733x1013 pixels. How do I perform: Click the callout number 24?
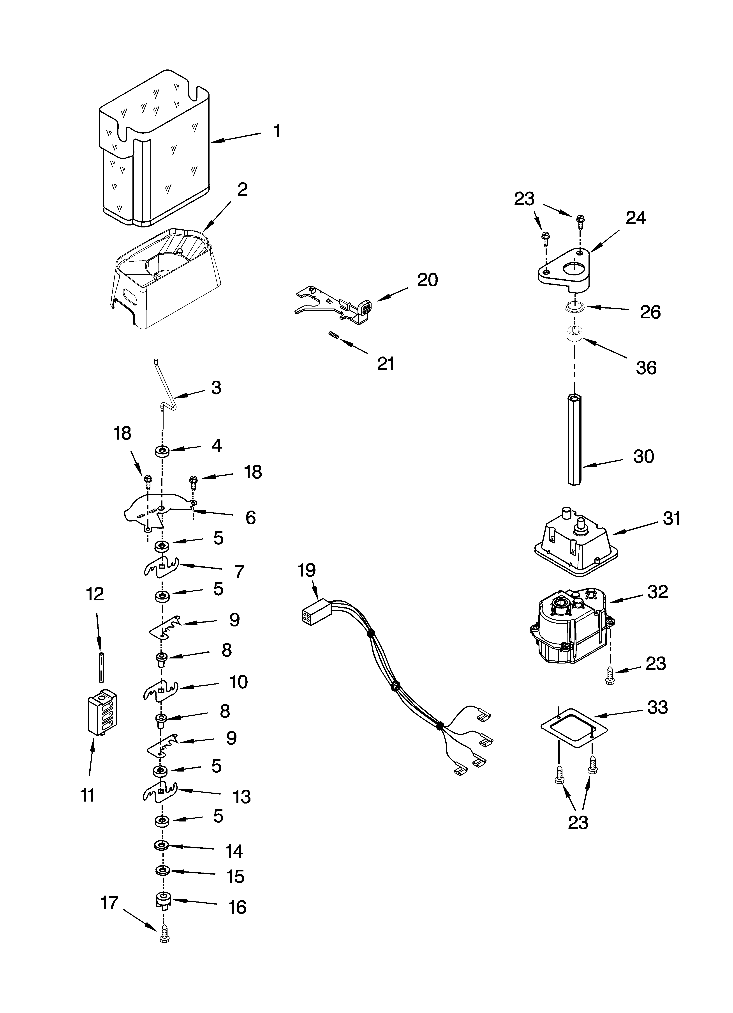pos(636,218)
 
